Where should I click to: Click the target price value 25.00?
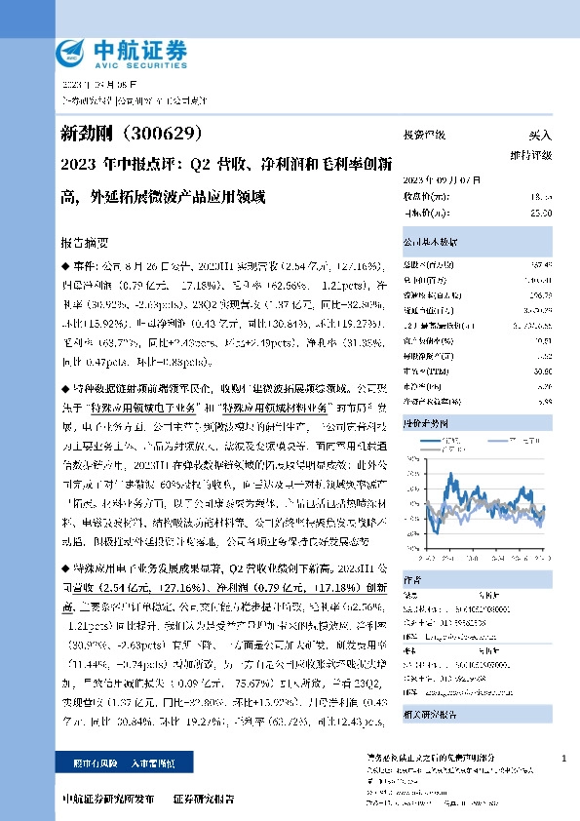click(541, 212)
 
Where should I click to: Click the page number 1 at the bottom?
click(563, 758)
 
